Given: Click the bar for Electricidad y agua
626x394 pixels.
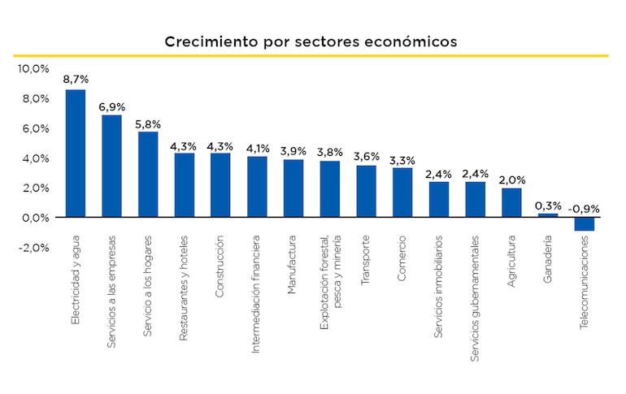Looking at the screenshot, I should tap(75, 153).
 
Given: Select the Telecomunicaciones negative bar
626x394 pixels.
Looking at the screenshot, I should tap(584, 224).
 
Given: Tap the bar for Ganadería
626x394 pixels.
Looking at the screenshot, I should tap(548, 215).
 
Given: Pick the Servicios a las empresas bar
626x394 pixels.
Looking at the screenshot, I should tap(111, 166).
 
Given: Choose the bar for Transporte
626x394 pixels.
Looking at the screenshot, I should tap(366, 191).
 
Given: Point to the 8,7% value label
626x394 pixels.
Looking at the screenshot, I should tap(76, 80).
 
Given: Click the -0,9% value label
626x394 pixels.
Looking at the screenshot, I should tap(584, 209).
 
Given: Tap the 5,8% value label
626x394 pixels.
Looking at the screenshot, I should tap(147, 123).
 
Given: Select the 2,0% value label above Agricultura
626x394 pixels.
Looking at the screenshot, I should tap(511, 180).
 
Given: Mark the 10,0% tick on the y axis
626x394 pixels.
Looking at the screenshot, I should tap(34, 68).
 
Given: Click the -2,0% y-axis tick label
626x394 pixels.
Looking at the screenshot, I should tap(33, 248).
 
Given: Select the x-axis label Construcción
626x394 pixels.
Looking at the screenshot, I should tap(220, 267).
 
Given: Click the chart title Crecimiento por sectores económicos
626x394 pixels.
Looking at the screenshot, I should tap(311, 41).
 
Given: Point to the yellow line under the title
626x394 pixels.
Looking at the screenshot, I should tap(311, 56).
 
